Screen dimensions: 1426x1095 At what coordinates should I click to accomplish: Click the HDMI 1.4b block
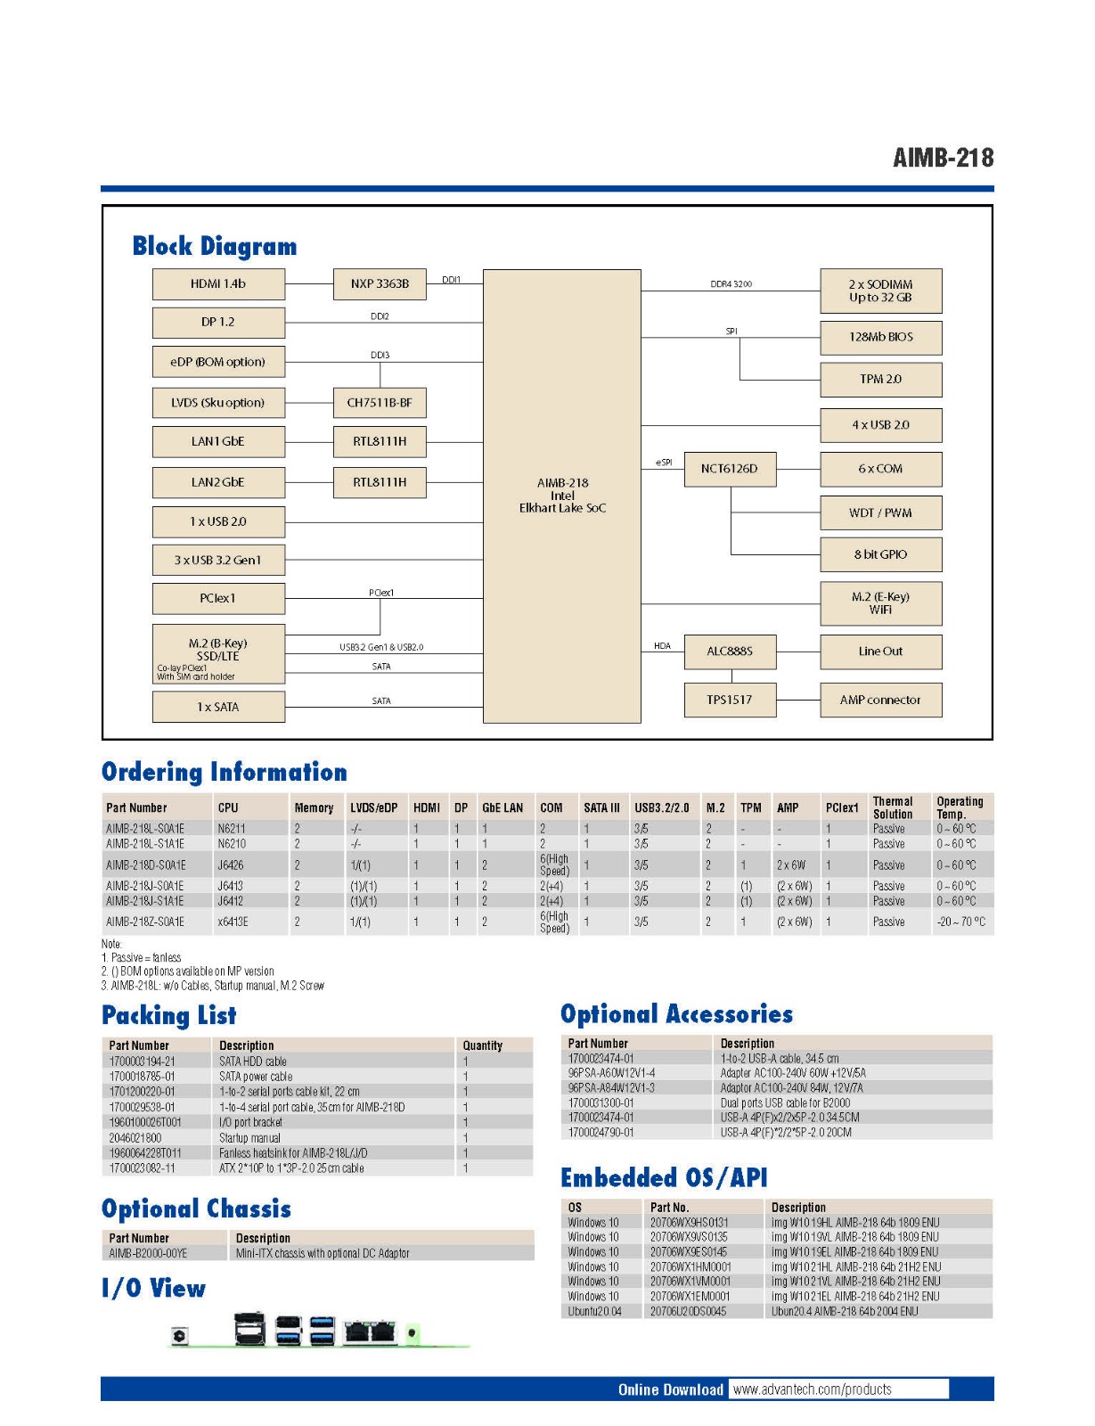click(218, 284)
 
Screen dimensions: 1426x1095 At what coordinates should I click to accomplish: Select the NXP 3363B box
click(380, 284)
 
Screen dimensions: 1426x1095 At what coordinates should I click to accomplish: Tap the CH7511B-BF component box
click(380, 403)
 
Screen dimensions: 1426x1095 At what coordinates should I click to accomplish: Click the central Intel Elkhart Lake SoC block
click(562, 496)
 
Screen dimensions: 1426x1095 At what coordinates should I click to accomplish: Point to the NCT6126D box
click(730, 469)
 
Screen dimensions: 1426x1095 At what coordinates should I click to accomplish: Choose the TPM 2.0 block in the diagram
click(880, 380)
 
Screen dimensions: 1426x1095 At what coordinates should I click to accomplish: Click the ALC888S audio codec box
click(730, 652)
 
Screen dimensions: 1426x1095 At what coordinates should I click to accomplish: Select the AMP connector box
click(880, 701)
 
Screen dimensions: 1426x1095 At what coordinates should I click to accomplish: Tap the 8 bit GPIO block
click(880, 554)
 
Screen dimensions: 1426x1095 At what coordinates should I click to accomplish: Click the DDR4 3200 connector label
click(731, 284)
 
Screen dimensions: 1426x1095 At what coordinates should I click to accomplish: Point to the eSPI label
click(664, 463)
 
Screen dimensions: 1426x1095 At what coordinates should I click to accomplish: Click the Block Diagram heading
click(215, 246)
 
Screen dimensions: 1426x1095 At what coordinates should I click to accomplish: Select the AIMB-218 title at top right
click(943, 158)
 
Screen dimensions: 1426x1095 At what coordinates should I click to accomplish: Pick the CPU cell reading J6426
click(231, 865)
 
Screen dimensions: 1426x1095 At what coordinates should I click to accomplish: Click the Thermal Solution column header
click(893, 807)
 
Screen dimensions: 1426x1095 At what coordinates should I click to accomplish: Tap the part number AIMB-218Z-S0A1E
click(145, 922)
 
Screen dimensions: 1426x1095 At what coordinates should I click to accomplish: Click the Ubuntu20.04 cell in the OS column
click(594, 1311)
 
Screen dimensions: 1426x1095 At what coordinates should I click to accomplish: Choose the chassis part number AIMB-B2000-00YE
click(148, 1253)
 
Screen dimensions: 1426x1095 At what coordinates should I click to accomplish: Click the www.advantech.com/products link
click(812, 1389)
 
